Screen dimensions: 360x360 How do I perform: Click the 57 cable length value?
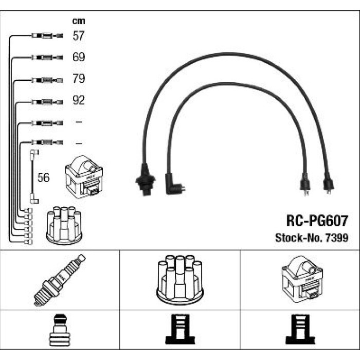tap(79, 36)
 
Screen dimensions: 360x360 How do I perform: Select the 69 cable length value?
tap(79, 57)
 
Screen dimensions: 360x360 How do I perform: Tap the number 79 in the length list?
tap(79, 79)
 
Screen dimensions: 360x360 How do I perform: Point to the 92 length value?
tap(79, 100)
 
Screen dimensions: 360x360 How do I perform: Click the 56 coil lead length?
tap(43, 177)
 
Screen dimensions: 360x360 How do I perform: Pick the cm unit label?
tap(79, 21)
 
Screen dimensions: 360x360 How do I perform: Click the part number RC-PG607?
tap(317, 221)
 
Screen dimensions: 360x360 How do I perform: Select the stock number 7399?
tap(337, 238)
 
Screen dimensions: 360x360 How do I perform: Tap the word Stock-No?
tap(299, 238)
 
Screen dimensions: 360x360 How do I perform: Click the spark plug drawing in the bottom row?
tap(60, 280)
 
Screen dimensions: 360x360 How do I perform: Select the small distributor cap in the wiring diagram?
tap(64, 225)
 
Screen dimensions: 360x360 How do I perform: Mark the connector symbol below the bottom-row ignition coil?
tap(300, 329)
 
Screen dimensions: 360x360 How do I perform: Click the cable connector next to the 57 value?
tap(47, 35)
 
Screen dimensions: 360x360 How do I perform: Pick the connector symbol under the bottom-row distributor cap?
tap(180, 329)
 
